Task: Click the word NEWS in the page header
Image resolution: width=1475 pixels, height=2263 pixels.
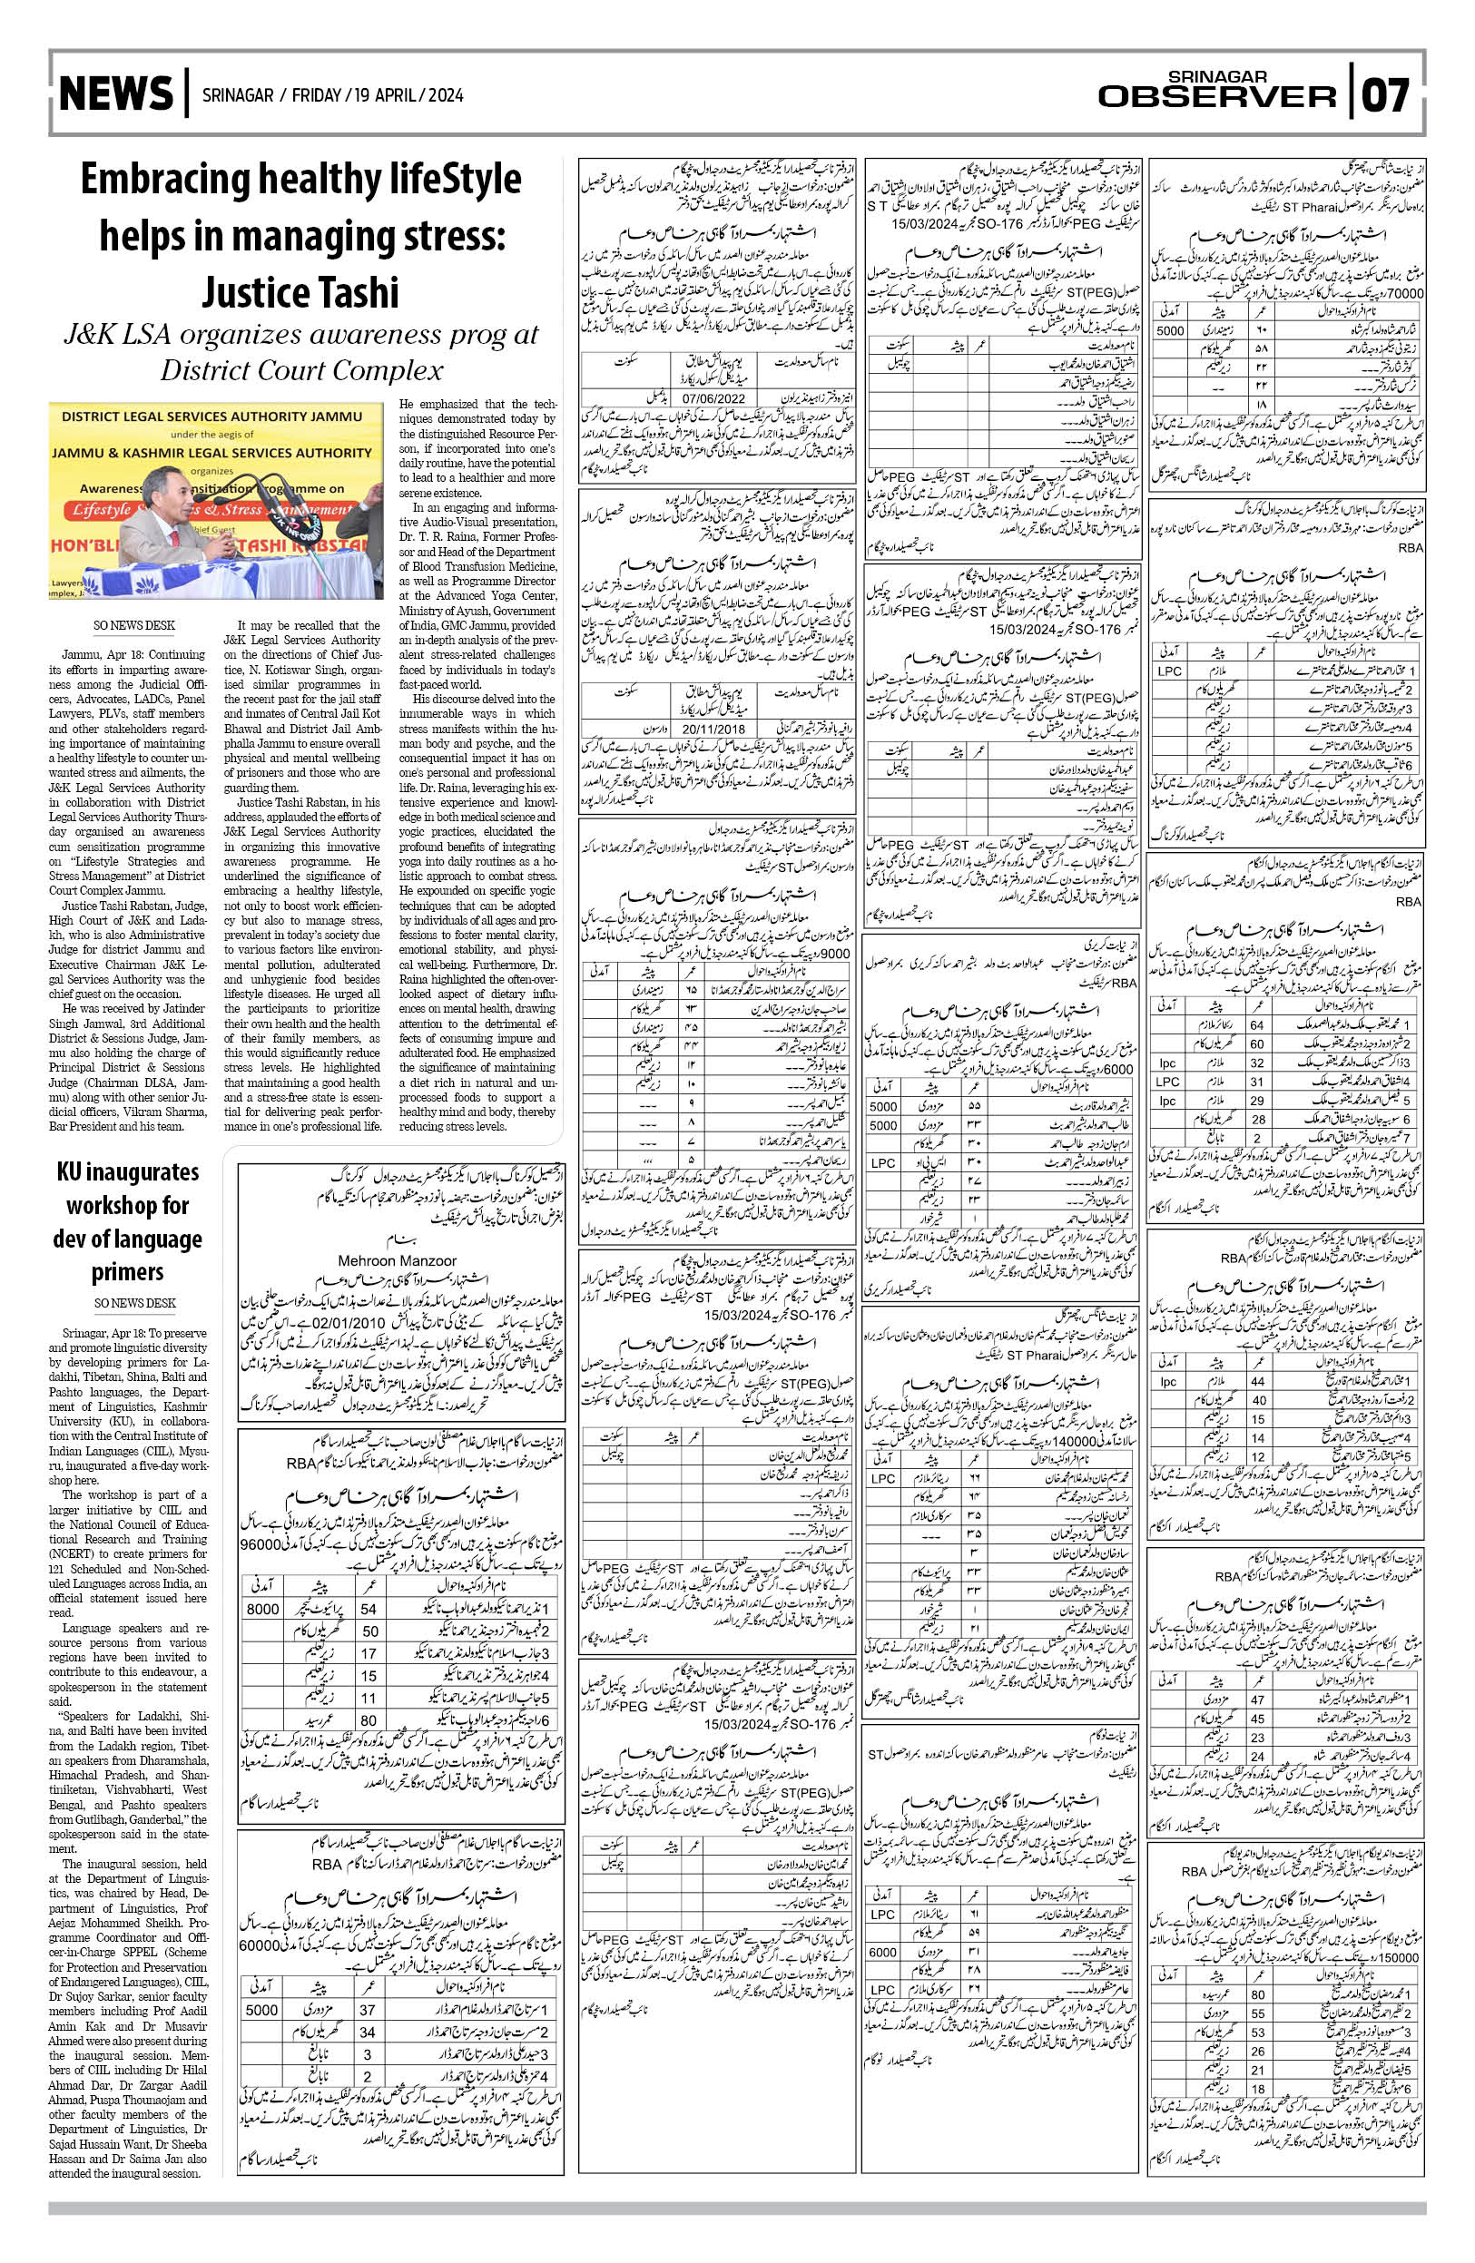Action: point(116,94)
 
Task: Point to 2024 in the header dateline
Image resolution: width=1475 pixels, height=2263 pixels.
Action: point(445,95)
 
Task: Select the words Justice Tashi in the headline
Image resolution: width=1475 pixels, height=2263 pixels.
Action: point(300,293)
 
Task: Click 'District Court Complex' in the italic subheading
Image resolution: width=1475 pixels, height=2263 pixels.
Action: point(301,370)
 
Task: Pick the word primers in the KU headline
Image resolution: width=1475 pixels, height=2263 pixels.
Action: point(127,1272)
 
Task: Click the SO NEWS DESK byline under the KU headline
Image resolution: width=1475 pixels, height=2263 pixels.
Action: point(134,1303)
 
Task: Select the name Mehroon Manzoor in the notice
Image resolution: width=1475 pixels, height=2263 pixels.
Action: point(397,1261)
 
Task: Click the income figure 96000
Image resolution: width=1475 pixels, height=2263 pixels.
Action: point(260,1545)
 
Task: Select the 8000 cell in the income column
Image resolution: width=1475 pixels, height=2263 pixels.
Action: point(262,1609)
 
